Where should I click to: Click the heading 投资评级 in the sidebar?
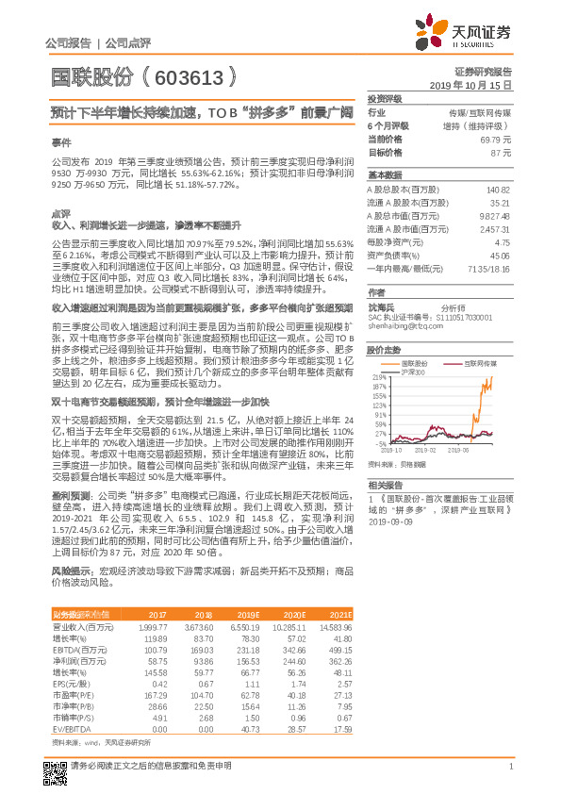[x=384, y=98]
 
